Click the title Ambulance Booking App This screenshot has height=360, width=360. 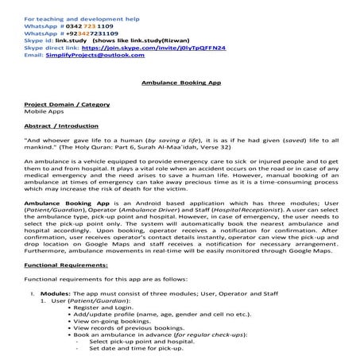180,82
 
